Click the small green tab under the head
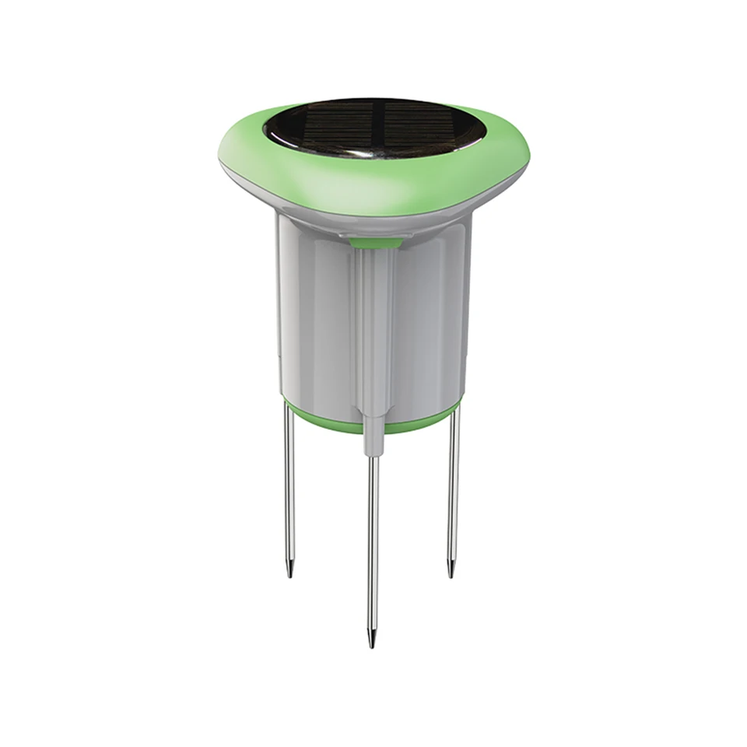tap(376, 244)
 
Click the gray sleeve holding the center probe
tap(374, 436)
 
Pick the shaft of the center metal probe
tap(373, 545)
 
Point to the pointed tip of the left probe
tap(289, 572)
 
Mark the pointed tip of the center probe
tap(372, 642)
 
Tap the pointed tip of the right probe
tap(451, 572)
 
